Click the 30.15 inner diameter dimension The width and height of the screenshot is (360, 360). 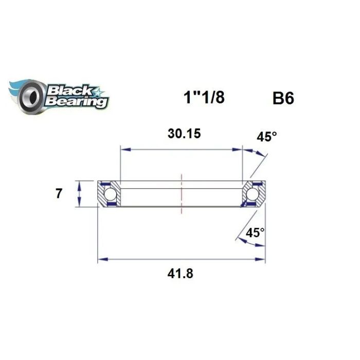(x=184, y=134)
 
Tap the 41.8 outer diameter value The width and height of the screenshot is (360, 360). (x=180, y=274)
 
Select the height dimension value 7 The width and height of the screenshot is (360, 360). (x=59, y=193)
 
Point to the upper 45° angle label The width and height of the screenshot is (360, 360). (x=266, y=137)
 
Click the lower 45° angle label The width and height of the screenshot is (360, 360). (x=255, y=233)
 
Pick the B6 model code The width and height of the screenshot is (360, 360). (x=283, y=98)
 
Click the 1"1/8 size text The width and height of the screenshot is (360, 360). (x=204, y=97)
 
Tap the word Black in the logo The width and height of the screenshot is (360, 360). (x=69, y=91)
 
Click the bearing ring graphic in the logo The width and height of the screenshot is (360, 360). (x=31, y=97)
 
